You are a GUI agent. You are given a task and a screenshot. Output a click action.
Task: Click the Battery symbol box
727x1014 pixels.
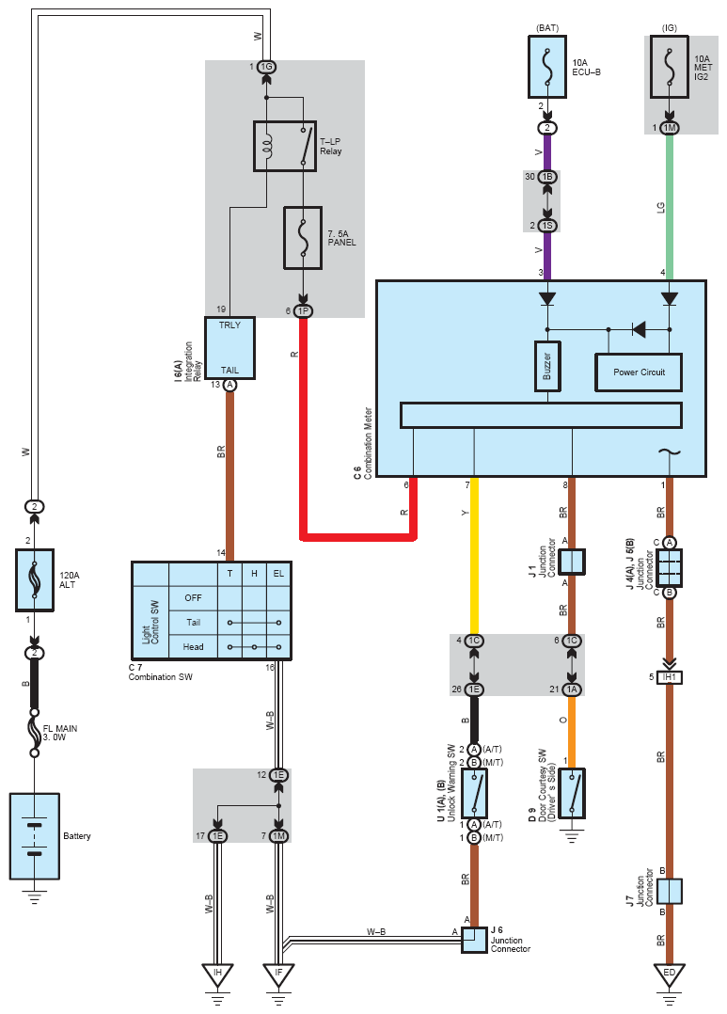coord(34,836)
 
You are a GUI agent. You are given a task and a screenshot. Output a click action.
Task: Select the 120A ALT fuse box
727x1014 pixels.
coord(34,580)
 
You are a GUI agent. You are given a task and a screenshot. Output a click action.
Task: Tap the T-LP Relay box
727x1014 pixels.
coord(285,146)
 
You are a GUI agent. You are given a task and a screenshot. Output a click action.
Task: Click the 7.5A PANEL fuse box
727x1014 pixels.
coord(303,238)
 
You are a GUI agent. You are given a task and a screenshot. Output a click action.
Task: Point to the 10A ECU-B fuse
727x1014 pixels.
coord(547,67)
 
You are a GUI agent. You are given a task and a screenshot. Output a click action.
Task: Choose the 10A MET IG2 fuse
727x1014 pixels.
coord(670,67)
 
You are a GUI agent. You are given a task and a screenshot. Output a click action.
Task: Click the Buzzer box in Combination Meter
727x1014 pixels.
coord(547,366)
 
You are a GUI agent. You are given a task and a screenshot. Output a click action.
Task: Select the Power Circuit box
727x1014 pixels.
coord(639,372)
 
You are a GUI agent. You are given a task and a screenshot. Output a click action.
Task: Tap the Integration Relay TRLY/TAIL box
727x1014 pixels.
coord(229,348)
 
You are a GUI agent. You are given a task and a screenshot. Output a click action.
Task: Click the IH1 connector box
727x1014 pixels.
coord(670,677)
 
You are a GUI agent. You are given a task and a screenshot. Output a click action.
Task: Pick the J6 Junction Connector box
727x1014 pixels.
coord(474,941)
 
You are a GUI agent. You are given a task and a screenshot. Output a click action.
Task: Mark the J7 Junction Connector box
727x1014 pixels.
coord(670,891)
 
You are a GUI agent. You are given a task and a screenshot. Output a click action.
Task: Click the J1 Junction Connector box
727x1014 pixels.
coord(572,562)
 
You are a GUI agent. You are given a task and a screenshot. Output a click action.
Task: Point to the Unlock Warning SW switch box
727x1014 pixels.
coord(474,794)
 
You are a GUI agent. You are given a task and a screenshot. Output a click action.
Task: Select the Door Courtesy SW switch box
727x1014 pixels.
coord(572,794)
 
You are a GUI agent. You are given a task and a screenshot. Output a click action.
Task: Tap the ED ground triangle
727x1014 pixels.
coord(670,975)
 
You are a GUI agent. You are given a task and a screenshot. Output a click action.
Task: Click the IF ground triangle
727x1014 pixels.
coord(278,975)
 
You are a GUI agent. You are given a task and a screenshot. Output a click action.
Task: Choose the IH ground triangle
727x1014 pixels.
coord(217,975)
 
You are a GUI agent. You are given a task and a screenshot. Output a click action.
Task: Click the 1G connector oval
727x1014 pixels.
coord(266,67)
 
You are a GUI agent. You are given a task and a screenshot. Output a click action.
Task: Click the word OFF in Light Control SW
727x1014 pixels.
coord(193,597)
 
